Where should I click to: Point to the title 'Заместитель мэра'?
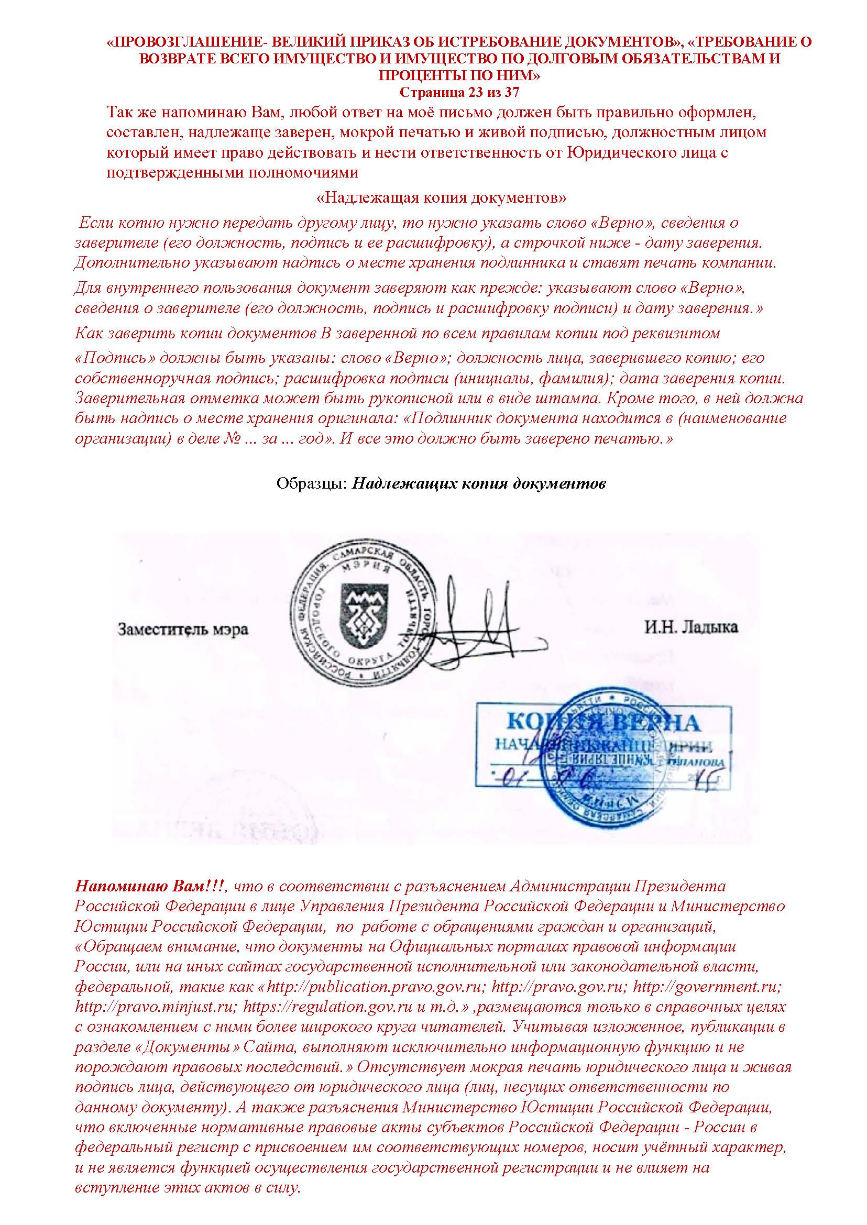[183, 630]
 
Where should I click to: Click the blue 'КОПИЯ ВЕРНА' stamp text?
[601, 723]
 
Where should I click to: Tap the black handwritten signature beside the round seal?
[470, 624]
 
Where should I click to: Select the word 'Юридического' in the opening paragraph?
[623, 152]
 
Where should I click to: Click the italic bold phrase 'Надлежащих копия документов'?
[479, 484]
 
